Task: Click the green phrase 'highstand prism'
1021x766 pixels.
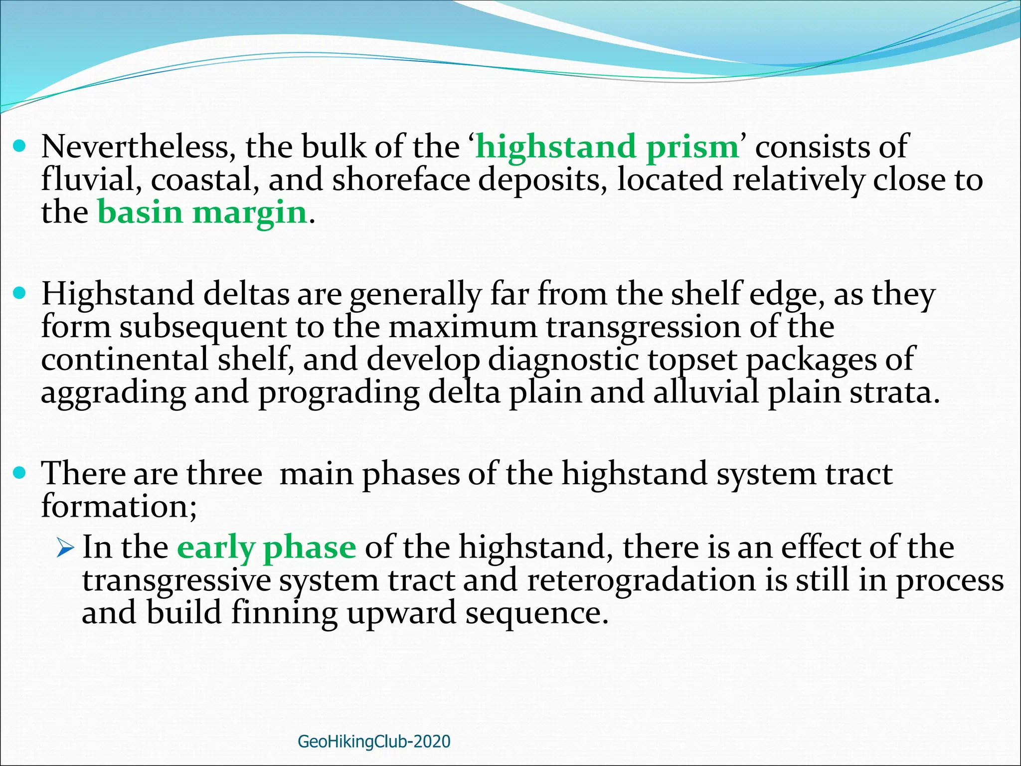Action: (607, 148)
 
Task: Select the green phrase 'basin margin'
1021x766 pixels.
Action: (202, 212)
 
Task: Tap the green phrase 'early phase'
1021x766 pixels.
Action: (267, 547)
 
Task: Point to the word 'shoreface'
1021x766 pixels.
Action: (401, 180)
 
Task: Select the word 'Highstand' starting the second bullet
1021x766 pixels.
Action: (118, 294)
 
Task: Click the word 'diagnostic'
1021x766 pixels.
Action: (563, 360)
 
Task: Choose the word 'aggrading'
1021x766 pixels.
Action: (113, 393)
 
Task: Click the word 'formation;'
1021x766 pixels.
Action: (119, 506)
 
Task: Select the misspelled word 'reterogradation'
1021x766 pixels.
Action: (641, 580)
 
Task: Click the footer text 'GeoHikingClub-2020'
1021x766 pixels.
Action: (374, 742)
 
